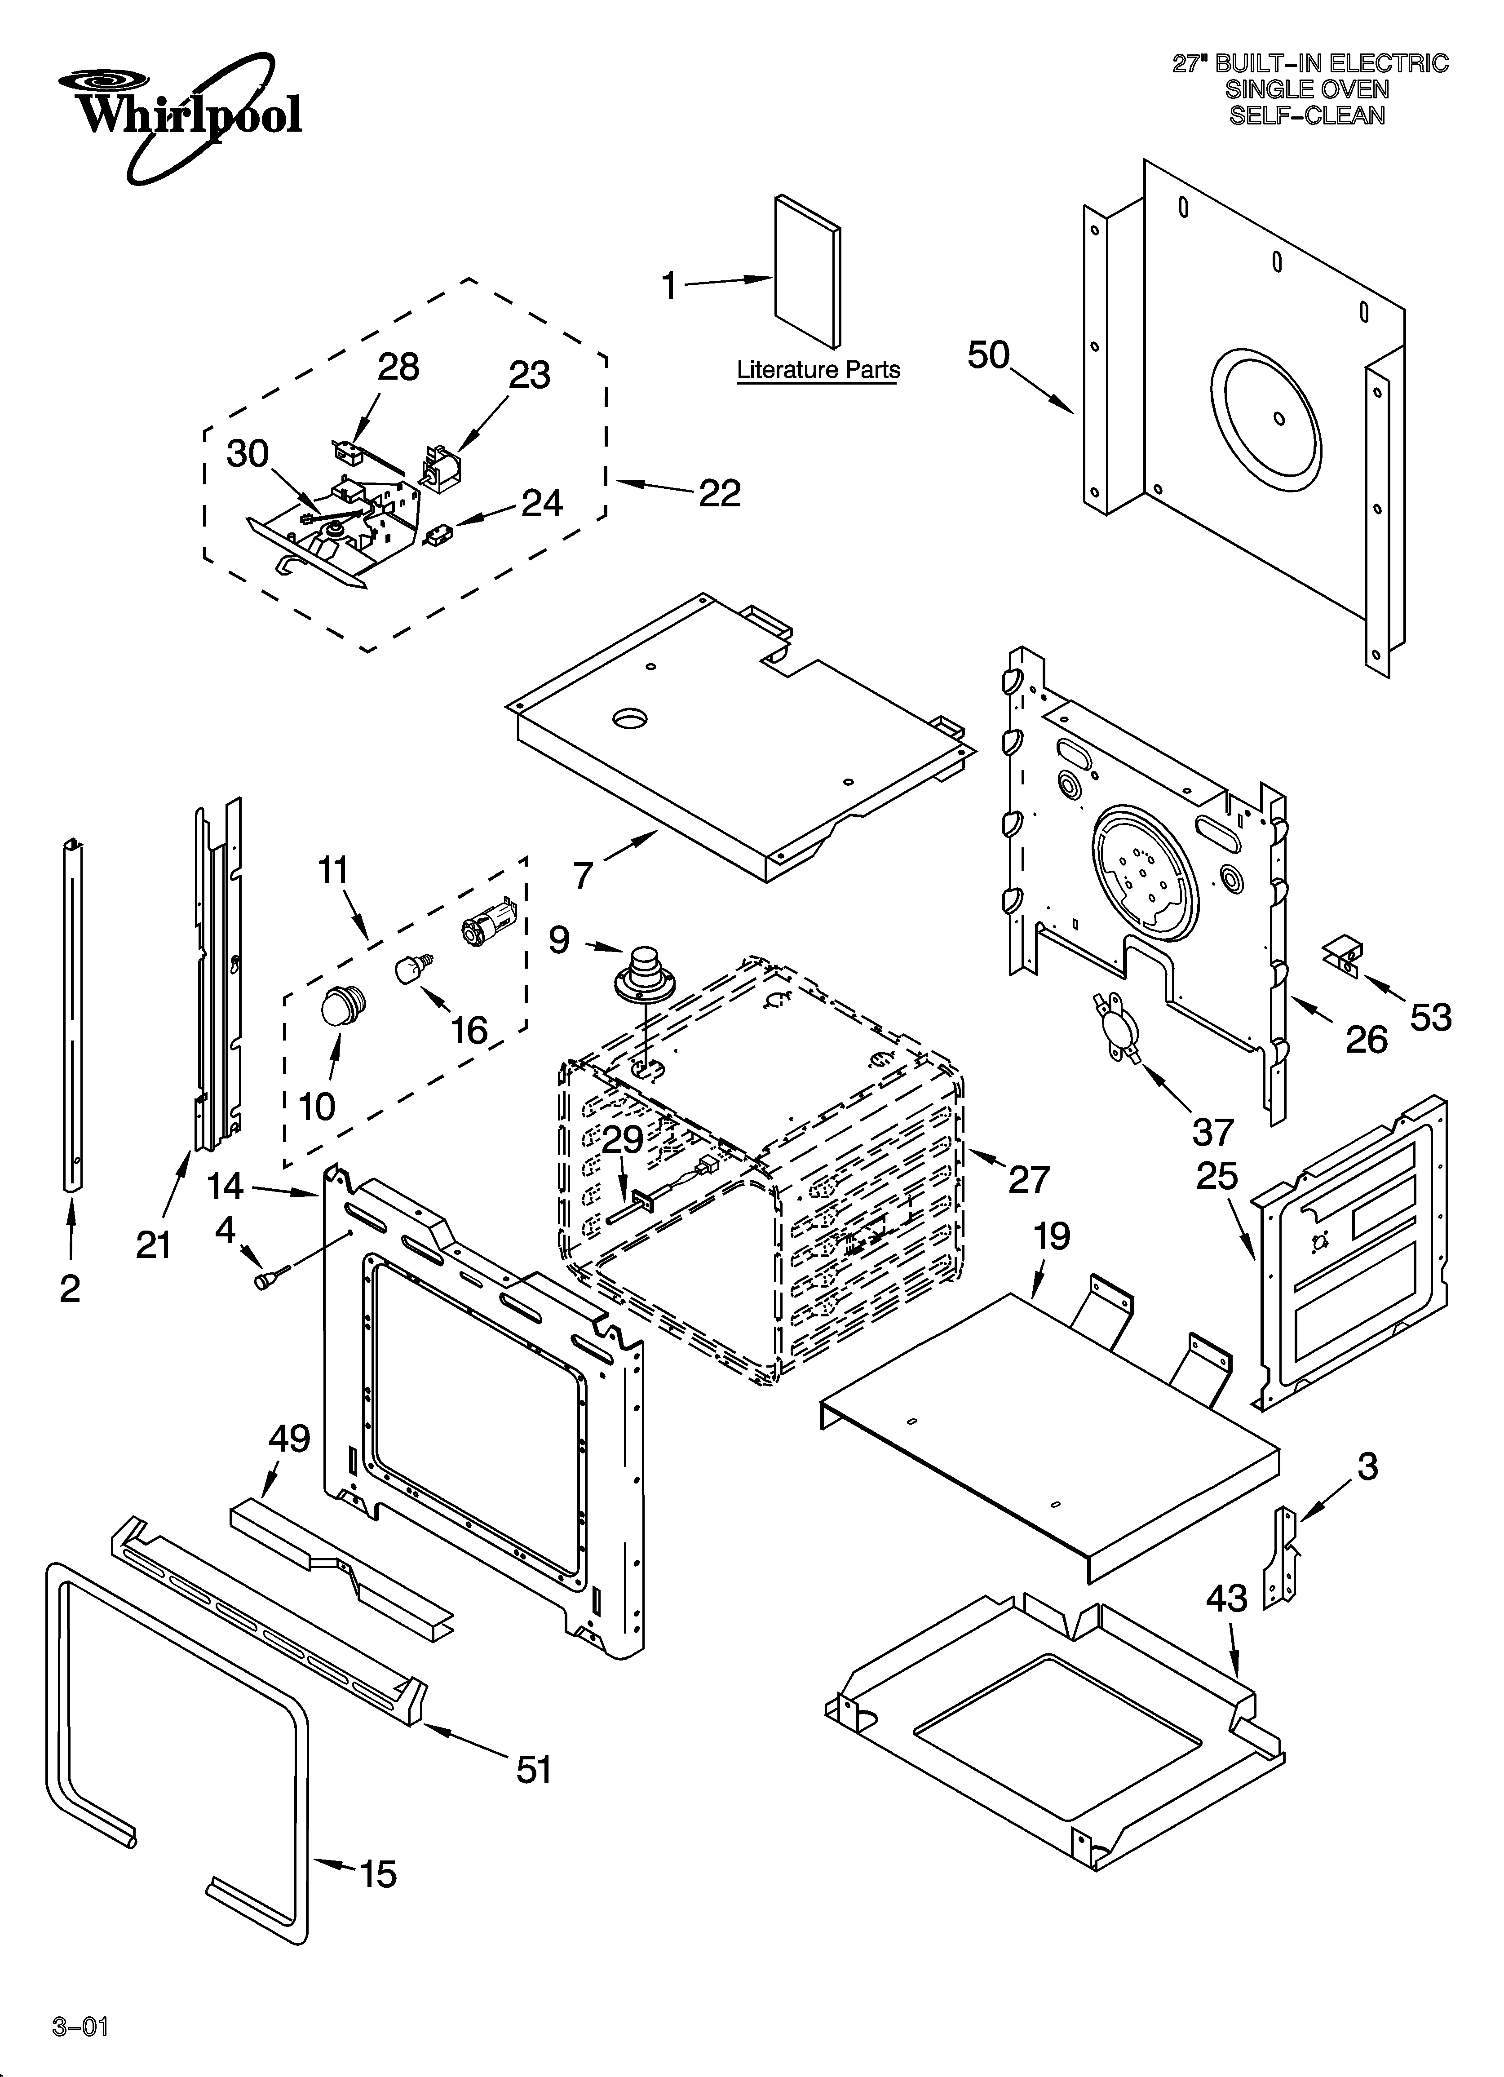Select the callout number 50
tap(988, 355)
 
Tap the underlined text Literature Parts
tap(818, 370)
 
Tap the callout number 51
tap(534, 1769)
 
